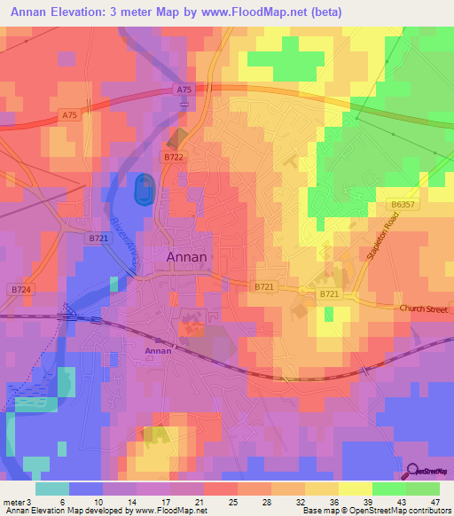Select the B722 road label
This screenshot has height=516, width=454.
[x=173, y=156]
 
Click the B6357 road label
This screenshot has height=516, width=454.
[x=403, y=205]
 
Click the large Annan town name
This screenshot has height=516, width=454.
[x=187, y=257]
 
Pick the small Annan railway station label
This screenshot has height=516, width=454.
[x=157, y=351]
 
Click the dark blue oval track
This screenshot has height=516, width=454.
[x=142, y=189]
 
